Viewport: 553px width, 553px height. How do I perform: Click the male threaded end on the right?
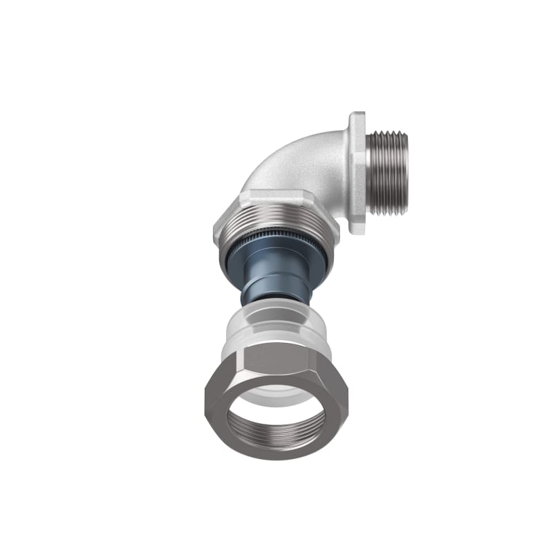pos(388,173)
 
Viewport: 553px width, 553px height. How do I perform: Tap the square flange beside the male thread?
pos(357,173)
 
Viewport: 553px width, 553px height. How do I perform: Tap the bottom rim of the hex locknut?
pos(276,456)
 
